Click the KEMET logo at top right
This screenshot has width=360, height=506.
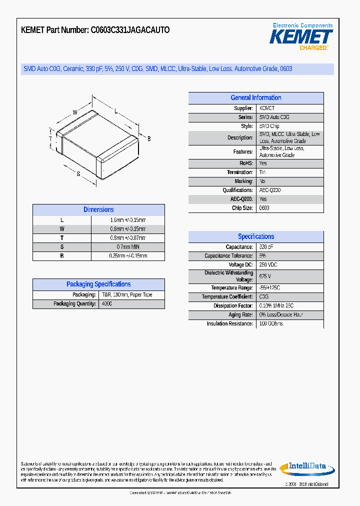[x=301, y=37]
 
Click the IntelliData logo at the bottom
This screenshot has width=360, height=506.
[x=306, y=468]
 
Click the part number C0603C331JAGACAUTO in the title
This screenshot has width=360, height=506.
[x=130, y=30]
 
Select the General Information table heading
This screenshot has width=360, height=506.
[x=255, y=98]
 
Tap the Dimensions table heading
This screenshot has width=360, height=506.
[x=98, y=210]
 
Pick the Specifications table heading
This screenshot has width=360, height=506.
[x=255, y=236]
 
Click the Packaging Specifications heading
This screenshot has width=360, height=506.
[x=98, y=284]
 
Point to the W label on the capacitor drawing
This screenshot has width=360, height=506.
[x=75, y=112]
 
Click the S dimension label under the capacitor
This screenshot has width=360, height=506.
[x=78, y=174]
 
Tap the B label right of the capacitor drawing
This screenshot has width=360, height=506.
[x=149, y=138]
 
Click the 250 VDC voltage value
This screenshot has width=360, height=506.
[x=268, y=264]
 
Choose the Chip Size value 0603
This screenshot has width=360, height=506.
[x=264, y=208]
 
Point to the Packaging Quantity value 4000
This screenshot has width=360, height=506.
[x=107, y=304]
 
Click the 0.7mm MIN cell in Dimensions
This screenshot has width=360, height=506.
[x=128, y=247]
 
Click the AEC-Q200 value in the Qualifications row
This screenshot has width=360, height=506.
[x=270, y=190]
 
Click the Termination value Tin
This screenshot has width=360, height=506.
[x=262, y=172]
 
